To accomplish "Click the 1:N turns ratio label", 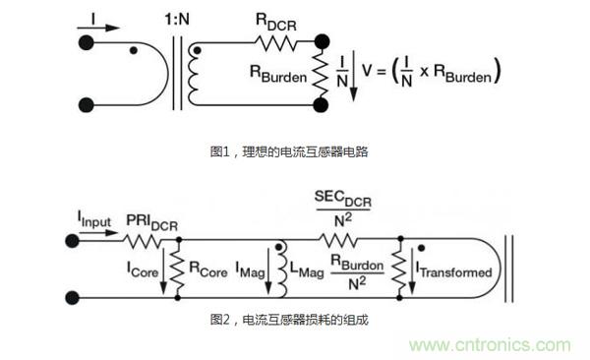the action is tap(177, 19).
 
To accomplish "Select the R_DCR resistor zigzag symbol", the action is tap(275, 42).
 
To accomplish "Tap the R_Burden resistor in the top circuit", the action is tap(321, 74).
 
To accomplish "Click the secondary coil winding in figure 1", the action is tap(193, 74).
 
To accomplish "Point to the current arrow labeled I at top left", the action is tap(98, 28).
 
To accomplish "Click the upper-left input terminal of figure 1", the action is tap(86, 42).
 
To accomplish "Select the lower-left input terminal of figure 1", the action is tap(86, 105).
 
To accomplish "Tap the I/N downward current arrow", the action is tap(353, 76).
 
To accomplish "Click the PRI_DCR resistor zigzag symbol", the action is tap(144, 241).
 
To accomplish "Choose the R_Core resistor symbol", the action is tap(177, 269).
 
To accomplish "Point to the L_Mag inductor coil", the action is tap(282, 269).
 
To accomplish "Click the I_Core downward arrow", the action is tap(163, 270).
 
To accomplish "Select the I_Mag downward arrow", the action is tap(268, 270).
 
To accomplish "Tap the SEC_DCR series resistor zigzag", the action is tap(338, 240).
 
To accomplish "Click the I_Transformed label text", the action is tap(454, 270).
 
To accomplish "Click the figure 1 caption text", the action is tap(289, 151).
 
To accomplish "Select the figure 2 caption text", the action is tap(289, 320).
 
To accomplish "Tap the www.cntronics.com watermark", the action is tap(491, 345).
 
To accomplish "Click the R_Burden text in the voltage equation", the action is tap(462, 73).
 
